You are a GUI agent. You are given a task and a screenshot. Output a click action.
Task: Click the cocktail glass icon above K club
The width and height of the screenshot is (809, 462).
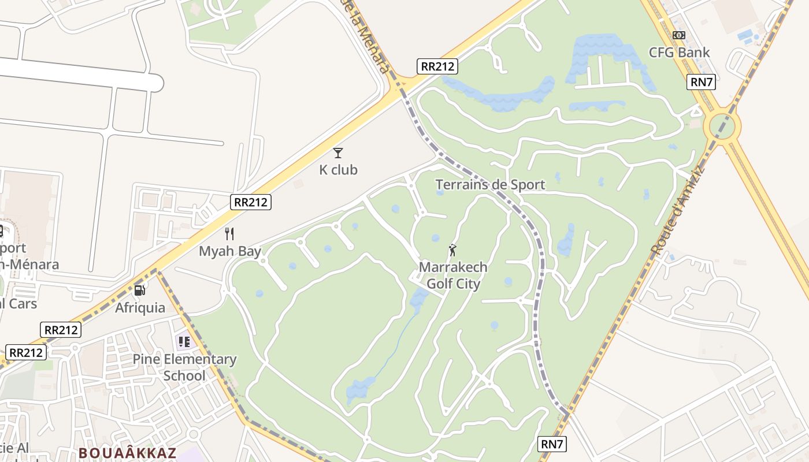[x=338, y=153]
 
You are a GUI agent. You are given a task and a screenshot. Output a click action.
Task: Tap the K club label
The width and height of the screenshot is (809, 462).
[x=339, y=170]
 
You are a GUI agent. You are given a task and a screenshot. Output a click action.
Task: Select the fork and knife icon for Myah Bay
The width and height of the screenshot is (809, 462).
[x=229, y=234]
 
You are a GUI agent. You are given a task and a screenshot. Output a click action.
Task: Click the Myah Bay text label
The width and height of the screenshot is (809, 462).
[x=230, y=251]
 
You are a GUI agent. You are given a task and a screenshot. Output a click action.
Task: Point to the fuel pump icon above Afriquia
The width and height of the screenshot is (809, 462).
[x=139, y=290]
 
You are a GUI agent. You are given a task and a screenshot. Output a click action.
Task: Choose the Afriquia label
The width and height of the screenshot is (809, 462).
[x=140, y=307]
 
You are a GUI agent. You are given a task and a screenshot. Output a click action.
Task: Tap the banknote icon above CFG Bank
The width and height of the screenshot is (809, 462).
[x=679, y=35]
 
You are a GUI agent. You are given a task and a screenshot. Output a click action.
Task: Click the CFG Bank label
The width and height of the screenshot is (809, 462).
[x=679, y=53]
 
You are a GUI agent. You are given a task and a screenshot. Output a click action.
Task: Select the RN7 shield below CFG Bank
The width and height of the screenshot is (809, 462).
[x=702, y=82]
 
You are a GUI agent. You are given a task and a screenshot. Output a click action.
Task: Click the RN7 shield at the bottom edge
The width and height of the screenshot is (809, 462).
[x=552, y=444]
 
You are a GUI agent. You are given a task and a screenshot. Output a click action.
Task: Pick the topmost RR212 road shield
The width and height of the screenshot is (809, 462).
[x=437, y=66]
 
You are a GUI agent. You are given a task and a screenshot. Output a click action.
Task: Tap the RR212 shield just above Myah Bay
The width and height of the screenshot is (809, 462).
[x=251, y=202]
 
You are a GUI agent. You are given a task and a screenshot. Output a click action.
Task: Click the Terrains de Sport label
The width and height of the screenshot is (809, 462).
[x=490, y=185]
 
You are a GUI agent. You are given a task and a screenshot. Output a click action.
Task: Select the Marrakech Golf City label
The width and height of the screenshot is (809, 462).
[x=453, y=275]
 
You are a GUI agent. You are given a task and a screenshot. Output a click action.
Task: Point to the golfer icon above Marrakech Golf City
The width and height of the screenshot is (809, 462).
[x=452, y=251]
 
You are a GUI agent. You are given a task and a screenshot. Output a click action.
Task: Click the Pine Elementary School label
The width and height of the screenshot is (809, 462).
[x=184, y=367]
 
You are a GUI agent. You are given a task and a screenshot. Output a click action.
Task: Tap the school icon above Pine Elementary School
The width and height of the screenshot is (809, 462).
[x=184, y=342]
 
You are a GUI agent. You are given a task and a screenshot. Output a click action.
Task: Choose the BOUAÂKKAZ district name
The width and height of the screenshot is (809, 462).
[x=127, y=453]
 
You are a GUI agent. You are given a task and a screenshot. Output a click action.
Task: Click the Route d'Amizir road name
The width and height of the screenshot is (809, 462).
[x=678, y=210]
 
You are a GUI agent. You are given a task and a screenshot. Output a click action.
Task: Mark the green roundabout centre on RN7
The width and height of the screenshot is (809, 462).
[x=722, y=125]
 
